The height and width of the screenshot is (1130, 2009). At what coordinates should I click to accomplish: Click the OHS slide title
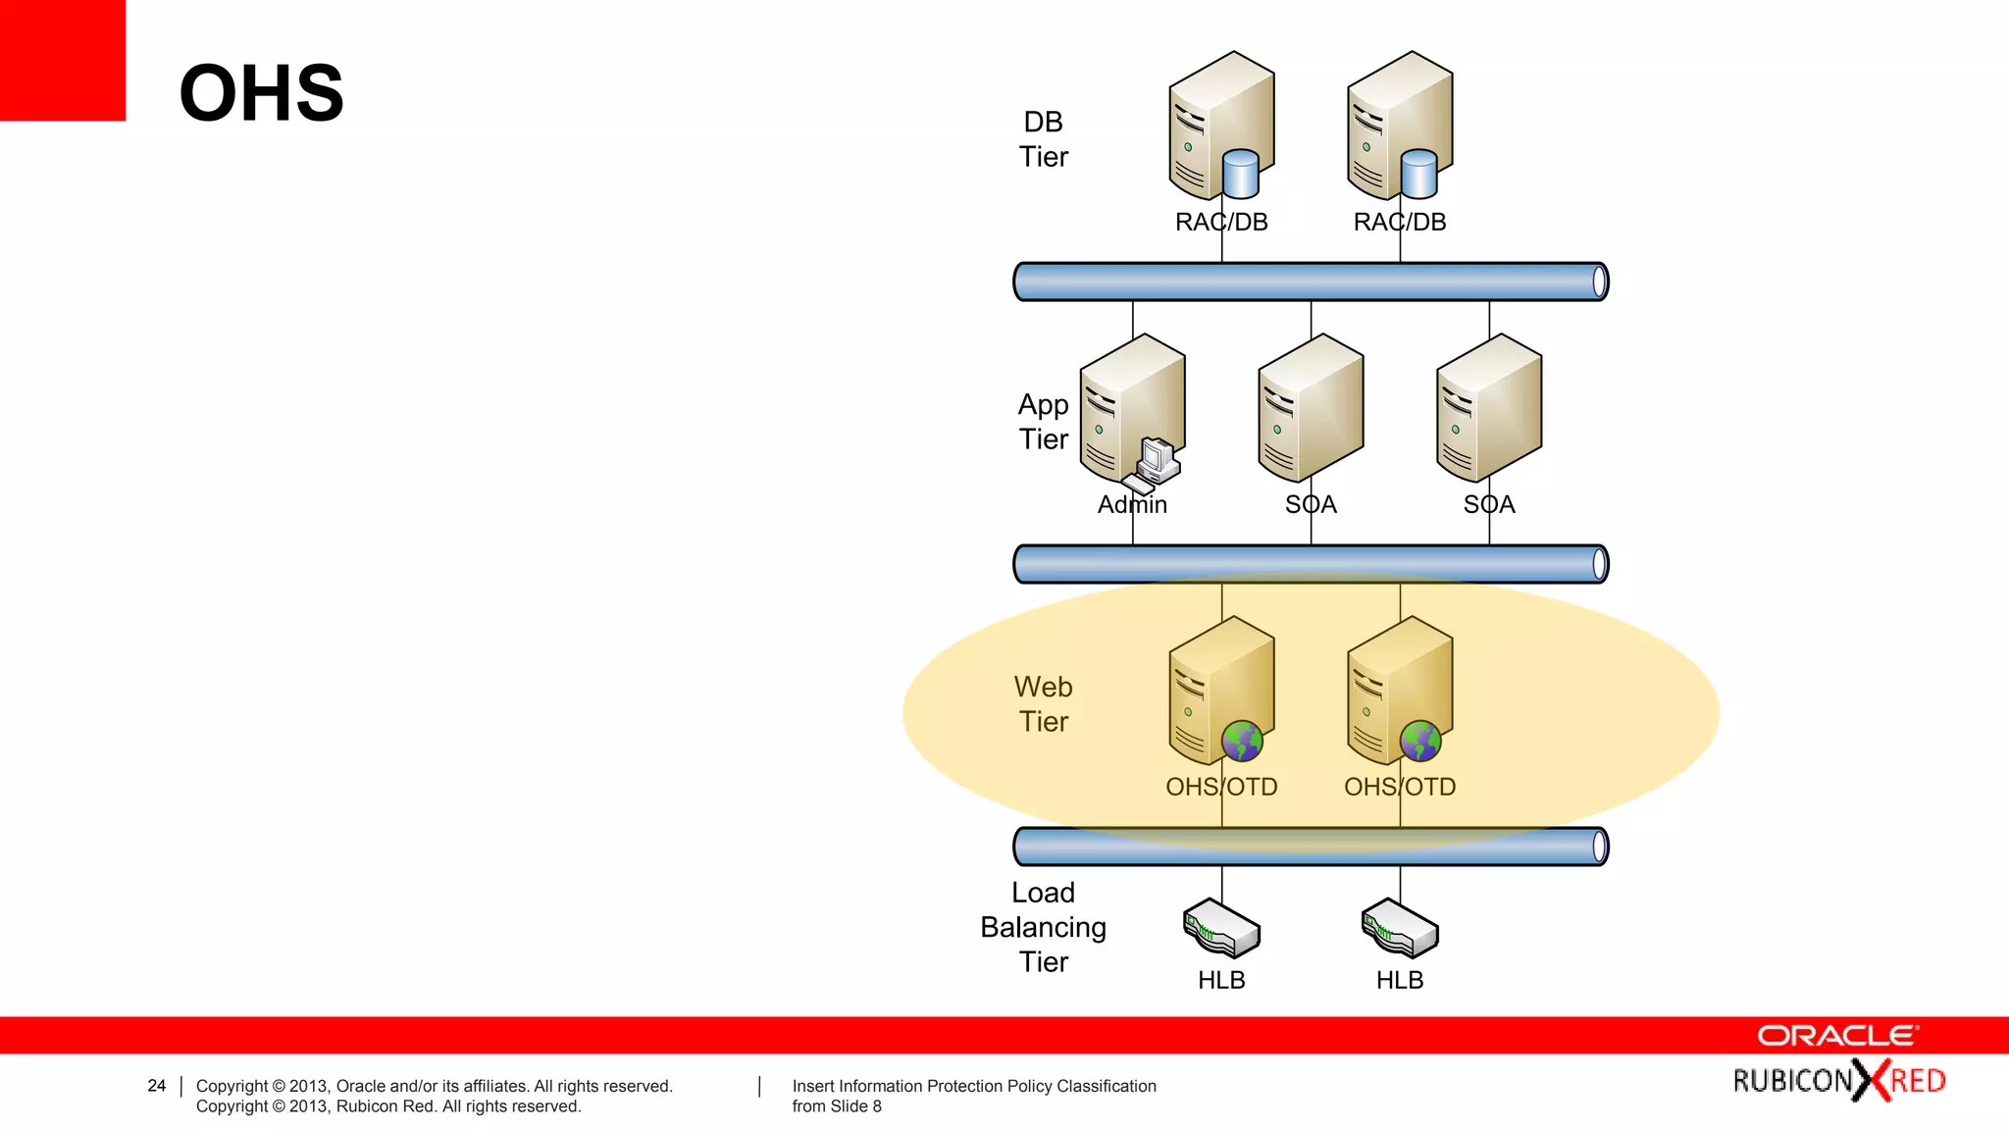click(261, 93)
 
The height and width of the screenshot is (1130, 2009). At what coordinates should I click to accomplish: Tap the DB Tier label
click(1043, 139)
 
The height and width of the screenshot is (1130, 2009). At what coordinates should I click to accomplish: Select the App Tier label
click(1043, 422)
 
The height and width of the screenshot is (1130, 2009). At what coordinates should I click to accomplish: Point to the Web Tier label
click(1043, 704)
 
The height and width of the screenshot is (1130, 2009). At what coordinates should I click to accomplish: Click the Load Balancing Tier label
click(1043, 927)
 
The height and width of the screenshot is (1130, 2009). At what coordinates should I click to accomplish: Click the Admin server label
click(1132, 505)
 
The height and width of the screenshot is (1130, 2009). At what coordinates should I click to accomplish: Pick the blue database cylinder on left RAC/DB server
click(1241, 174)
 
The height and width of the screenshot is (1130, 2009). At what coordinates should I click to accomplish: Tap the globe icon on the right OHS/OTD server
click(1419, 742)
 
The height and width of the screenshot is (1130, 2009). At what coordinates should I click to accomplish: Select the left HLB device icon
click(1221, 928)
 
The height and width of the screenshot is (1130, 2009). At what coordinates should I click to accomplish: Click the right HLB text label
click(1399, 980)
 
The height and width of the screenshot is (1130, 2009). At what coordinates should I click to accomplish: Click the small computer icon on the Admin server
click(1155, 464)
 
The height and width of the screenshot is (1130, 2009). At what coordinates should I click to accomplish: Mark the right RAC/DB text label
click(1399, 223)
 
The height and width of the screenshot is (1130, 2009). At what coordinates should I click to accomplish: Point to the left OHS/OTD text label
click(1221, 788)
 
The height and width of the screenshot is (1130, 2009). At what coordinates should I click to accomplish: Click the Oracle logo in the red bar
click(1837, 1036)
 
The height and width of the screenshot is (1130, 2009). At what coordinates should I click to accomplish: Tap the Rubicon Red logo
click(1838, 1081)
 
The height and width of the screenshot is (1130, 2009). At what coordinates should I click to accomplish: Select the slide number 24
click(157, 1086)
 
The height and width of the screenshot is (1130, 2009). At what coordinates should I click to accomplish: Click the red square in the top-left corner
click(62, 60)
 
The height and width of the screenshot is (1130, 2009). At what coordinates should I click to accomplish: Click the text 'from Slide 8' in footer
click(837, 1106)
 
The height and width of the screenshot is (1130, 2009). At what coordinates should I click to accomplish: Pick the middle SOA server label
click(1311, 505)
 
